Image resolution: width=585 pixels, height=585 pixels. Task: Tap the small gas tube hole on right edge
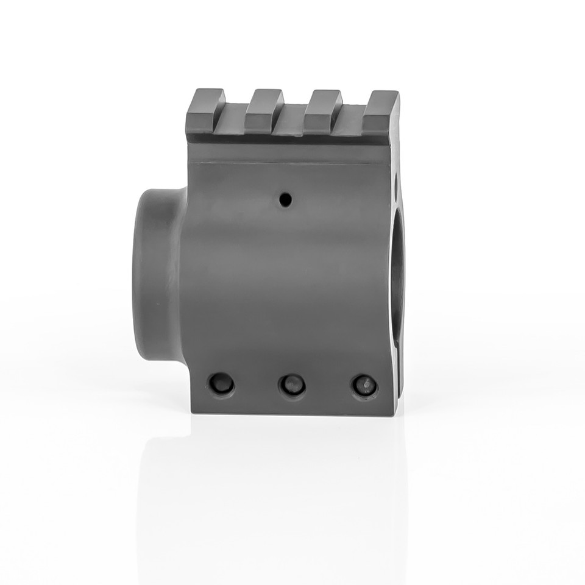395,181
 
